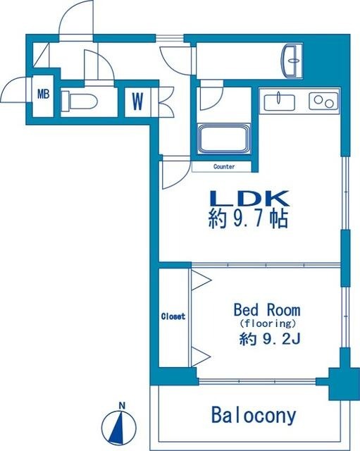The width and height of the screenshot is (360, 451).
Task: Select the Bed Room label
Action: click(266, 310)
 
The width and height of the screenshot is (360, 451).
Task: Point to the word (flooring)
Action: click(266, 323)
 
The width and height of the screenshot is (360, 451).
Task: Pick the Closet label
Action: click(173, 316)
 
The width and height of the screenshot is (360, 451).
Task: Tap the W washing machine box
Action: click(137, 100)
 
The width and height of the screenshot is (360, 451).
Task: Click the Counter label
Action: click(223, 167)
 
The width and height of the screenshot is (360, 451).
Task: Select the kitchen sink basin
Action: click(280, 102)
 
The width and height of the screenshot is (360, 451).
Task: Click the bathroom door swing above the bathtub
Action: click(209, 97)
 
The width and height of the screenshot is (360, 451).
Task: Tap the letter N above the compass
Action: click(123, 405)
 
